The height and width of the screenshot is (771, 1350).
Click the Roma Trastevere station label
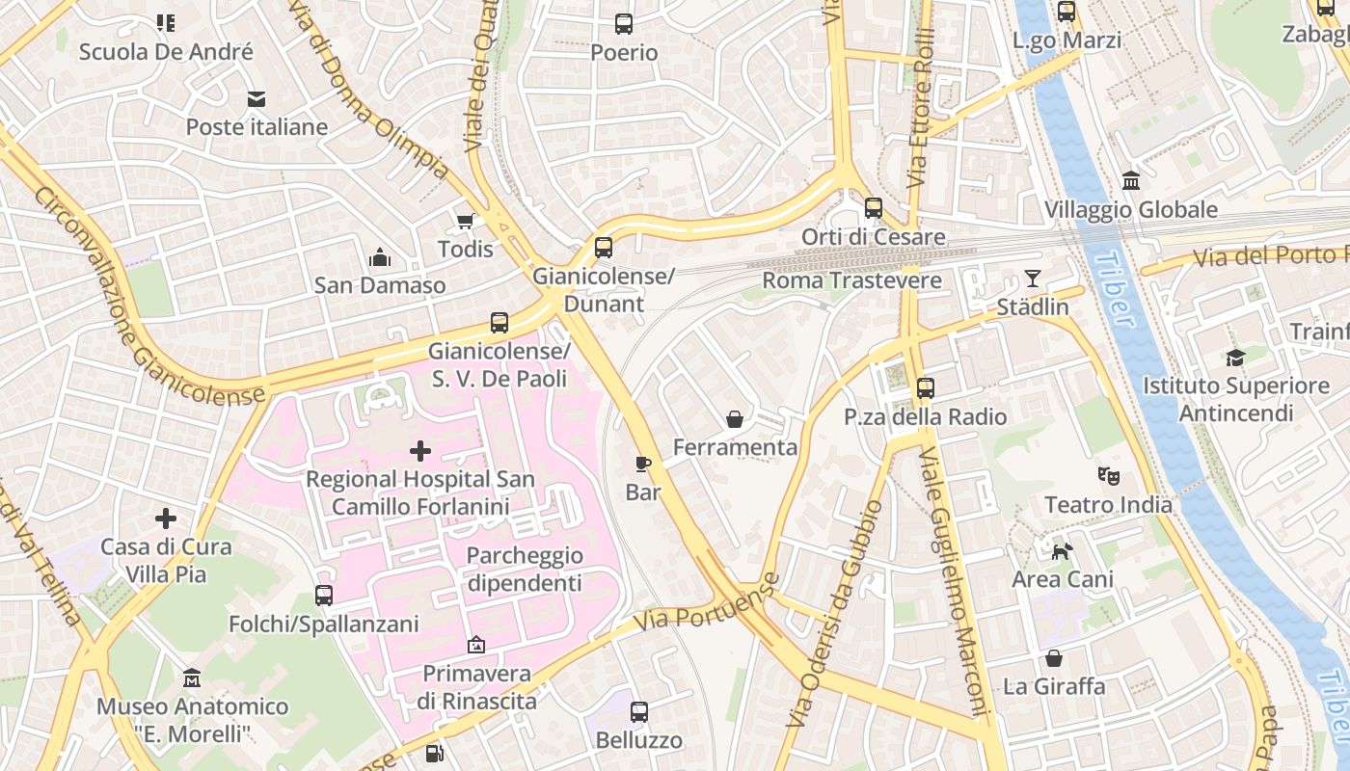click(x=851, y=280)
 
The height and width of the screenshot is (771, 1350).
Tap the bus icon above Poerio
click(x=624, y=24)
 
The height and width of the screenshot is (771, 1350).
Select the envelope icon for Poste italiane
click(x=256, y=99)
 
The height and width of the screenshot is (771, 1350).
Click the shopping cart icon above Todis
click(x=466, y=222)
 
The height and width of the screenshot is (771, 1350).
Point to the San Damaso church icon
click(x=380, y=258)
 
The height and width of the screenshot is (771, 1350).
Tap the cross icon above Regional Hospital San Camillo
click(x=420, y=450)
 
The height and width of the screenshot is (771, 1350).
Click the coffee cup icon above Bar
click(x=643, y=465)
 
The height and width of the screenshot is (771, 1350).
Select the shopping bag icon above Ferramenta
click(x=735, y=419)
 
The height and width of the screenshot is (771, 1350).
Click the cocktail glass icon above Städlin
click(x=1033, y=279)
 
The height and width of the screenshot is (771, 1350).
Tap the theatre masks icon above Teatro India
click(x=1109, y=476)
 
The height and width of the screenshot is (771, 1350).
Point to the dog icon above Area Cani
click(x=1062, y=551)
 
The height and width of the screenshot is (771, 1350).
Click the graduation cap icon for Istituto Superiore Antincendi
click(x=1235, y=359)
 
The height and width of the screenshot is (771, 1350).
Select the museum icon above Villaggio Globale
click(x=1131, y=181)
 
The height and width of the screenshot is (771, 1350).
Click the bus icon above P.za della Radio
click(x=926, y=388)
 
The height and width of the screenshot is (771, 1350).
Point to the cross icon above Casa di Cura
click(x=166, y=518)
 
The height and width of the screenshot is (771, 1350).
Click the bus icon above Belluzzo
click(x=639, y=712)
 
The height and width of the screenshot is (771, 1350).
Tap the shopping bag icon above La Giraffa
click(x=1054, y=658)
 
